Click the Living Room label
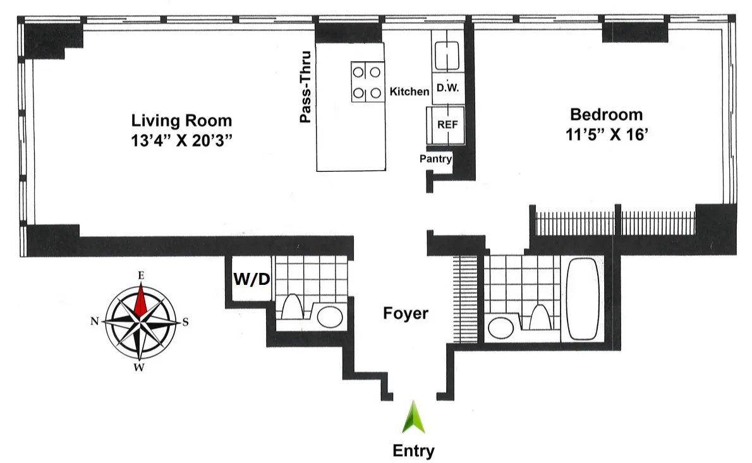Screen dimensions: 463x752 coord(181,120)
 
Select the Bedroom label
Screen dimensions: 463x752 coord(605,114)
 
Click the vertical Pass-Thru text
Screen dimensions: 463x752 coord(306,87)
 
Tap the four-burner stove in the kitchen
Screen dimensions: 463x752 coord(368,82)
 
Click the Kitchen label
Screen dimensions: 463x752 coord(409,92)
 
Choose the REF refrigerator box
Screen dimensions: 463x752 coord(447,124)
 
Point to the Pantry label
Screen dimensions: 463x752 coord(435,159)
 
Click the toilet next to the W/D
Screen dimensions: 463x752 coord(293,308)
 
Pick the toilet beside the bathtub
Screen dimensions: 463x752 coord(539,316)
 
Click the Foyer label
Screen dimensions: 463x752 coord(406,313)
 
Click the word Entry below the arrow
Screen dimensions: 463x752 coord(413,451)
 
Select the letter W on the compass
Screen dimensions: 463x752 coord(138,368)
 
